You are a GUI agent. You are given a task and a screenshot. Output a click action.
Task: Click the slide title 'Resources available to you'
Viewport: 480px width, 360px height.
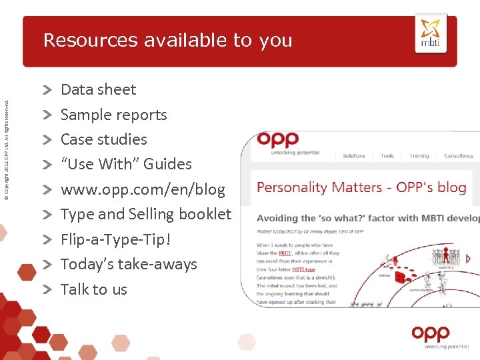[x=167, y=41]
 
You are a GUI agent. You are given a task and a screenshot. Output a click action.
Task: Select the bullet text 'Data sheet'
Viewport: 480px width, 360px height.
[x=98, y=89]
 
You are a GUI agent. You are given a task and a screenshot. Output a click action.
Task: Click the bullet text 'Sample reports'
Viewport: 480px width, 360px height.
[x=113, y=115]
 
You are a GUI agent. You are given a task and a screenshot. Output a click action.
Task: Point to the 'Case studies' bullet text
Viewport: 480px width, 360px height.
[x=103, y=139]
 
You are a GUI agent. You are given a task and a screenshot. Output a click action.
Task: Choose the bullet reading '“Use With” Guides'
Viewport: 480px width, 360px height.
[x=126, y=164]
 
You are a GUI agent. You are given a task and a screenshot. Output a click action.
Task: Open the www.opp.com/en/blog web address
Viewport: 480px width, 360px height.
[x=143, y=189]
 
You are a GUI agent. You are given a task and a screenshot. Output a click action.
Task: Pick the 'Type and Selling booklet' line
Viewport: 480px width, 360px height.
[x=145, y=214]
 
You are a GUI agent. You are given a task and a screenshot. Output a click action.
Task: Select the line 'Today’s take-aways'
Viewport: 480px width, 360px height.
[x=129, y=264]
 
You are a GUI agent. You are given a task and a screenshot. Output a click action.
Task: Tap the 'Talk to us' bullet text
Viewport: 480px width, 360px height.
[x=93, y=289]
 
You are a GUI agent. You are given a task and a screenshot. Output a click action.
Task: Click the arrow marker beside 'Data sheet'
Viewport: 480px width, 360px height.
[x=48, y=89]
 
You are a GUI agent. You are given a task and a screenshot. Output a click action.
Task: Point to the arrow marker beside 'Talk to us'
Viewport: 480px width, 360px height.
[x=48, y=289]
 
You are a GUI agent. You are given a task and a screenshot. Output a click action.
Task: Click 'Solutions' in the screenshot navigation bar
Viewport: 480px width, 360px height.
[x=354, y=156]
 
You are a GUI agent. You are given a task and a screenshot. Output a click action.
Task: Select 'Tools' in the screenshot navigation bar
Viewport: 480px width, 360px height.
[x=387, y=156]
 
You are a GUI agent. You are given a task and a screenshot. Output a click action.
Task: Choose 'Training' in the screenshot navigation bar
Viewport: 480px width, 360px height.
[x=419, y=156]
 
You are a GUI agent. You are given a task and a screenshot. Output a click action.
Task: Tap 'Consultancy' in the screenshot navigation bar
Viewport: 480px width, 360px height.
[x=459, y=156]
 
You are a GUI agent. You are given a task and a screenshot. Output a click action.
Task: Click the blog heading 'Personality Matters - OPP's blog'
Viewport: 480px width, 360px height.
[x=361, y=187]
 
